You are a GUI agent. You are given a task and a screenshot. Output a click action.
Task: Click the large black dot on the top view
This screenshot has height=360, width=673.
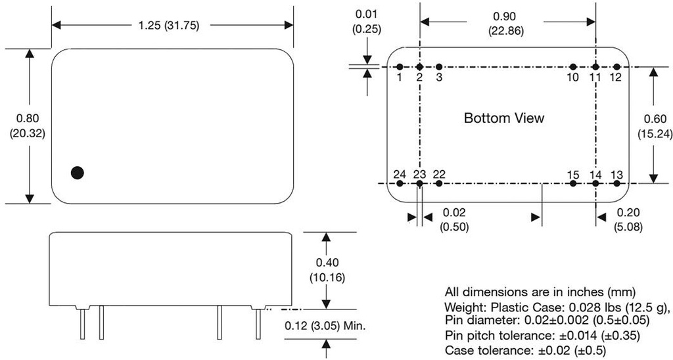pos(78,173)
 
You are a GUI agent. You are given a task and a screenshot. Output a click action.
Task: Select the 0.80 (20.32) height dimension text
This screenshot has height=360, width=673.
pos(28,125)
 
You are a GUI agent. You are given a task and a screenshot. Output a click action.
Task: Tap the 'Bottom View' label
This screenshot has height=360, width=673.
pos(504,118)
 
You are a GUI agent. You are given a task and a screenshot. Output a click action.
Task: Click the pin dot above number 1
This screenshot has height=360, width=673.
pos(399,67)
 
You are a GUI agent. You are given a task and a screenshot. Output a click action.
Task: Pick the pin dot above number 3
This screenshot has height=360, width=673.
pos(440,67)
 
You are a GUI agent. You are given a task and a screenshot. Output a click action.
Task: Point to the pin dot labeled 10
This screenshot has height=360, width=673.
pos(573,67)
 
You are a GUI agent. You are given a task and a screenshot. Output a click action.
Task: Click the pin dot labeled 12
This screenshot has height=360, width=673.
pos(616,67)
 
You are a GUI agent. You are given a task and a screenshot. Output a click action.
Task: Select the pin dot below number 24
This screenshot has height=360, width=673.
pos(399,183)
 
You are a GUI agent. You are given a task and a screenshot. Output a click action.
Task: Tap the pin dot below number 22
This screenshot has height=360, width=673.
pos(440,183)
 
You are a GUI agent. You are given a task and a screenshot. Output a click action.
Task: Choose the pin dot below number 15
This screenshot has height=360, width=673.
pos(573,183)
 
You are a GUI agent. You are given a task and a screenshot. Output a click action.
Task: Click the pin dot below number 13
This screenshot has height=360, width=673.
pos(616,183)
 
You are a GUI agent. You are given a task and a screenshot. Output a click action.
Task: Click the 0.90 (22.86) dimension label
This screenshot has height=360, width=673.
pos(506,24)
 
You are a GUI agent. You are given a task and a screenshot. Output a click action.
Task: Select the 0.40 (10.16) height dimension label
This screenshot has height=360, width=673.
pos(327,270)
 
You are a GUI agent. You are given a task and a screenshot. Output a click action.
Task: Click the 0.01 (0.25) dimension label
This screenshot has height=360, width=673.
pos(365,22)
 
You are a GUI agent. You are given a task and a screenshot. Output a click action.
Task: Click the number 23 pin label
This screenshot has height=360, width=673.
pos(420,174)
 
